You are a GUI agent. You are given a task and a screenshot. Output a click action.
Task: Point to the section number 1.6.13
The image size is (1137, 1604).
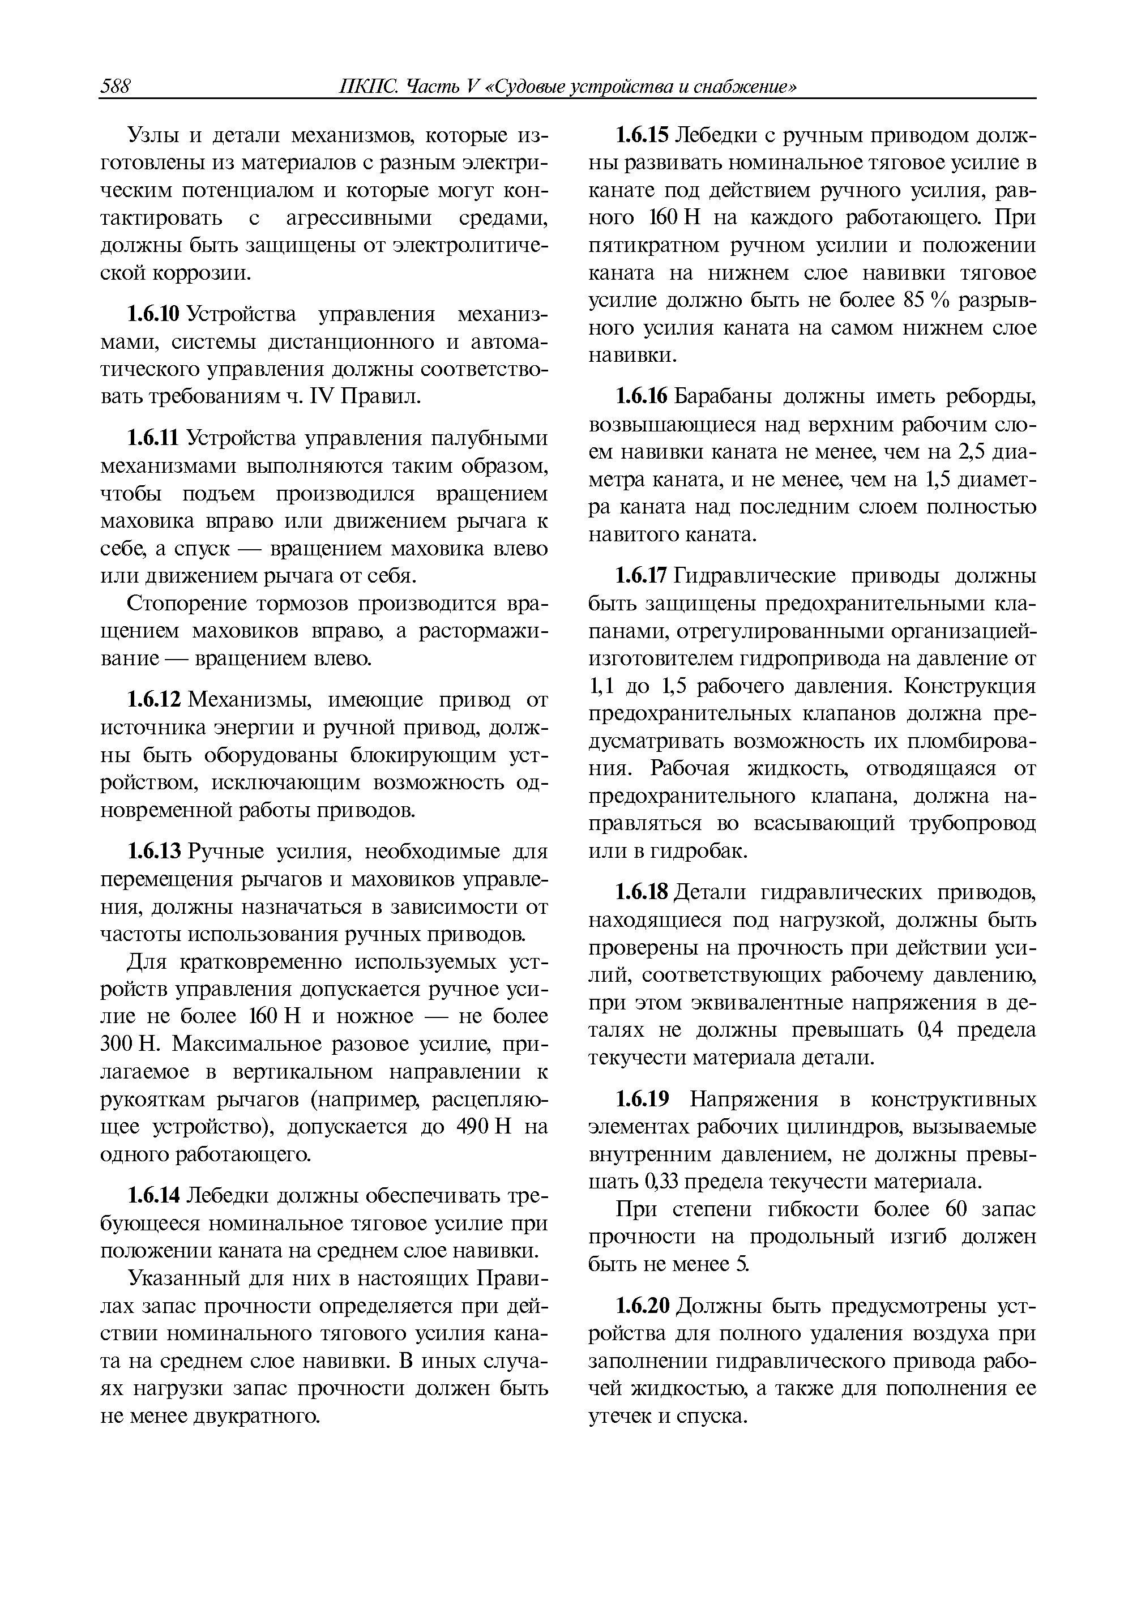click(154, 852)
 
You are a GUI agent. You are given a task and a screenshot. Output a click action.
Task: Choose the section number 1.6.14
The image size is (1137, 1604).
click(154, 1196)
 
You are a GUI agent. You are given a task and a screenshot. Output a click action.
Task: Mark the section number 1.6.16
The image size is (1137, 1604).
click(642, 397)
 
